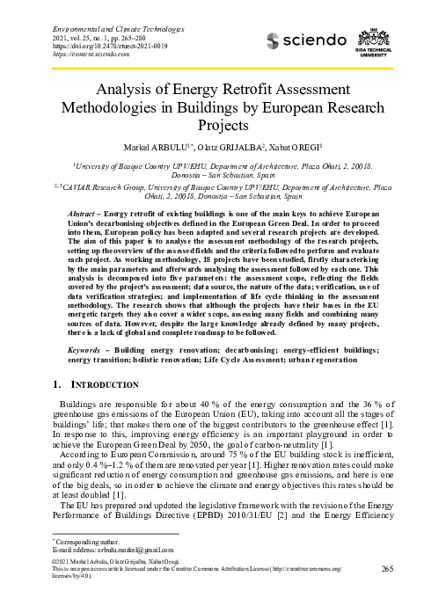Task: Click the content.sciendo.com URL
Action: tap(82, 35)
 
